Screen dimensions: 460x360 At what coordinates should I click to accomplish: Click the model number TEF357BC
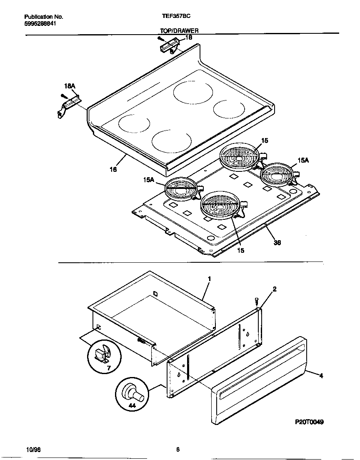(x=176, y=17)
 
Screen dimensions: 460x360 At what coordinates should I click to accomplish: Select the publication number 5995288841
(x=40, y=23)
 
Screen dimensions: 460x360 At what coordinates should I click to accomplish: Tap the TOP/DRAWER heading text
(x=179, y=31)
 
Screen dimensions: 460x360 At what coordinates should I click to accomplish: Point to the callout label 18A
(x=70, y=86)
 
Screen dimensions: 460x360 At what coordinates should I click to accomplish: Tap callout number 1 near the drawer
(x=209, y=278)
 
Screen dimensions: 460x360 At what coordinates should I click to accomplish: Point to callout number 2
(x=274, y=289)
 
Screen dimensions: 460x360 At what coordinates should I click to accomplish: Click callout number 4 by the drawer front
(x=321, y=375)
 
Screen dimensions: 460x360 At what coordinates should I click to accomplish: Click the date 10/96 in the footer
(x=33, y=450)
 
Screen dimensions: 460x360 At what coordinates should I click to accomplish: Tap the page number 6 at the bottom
(x=177, y=450)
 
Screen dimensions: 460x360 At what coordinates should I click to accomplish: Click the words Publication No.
(x=43, y=17)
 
